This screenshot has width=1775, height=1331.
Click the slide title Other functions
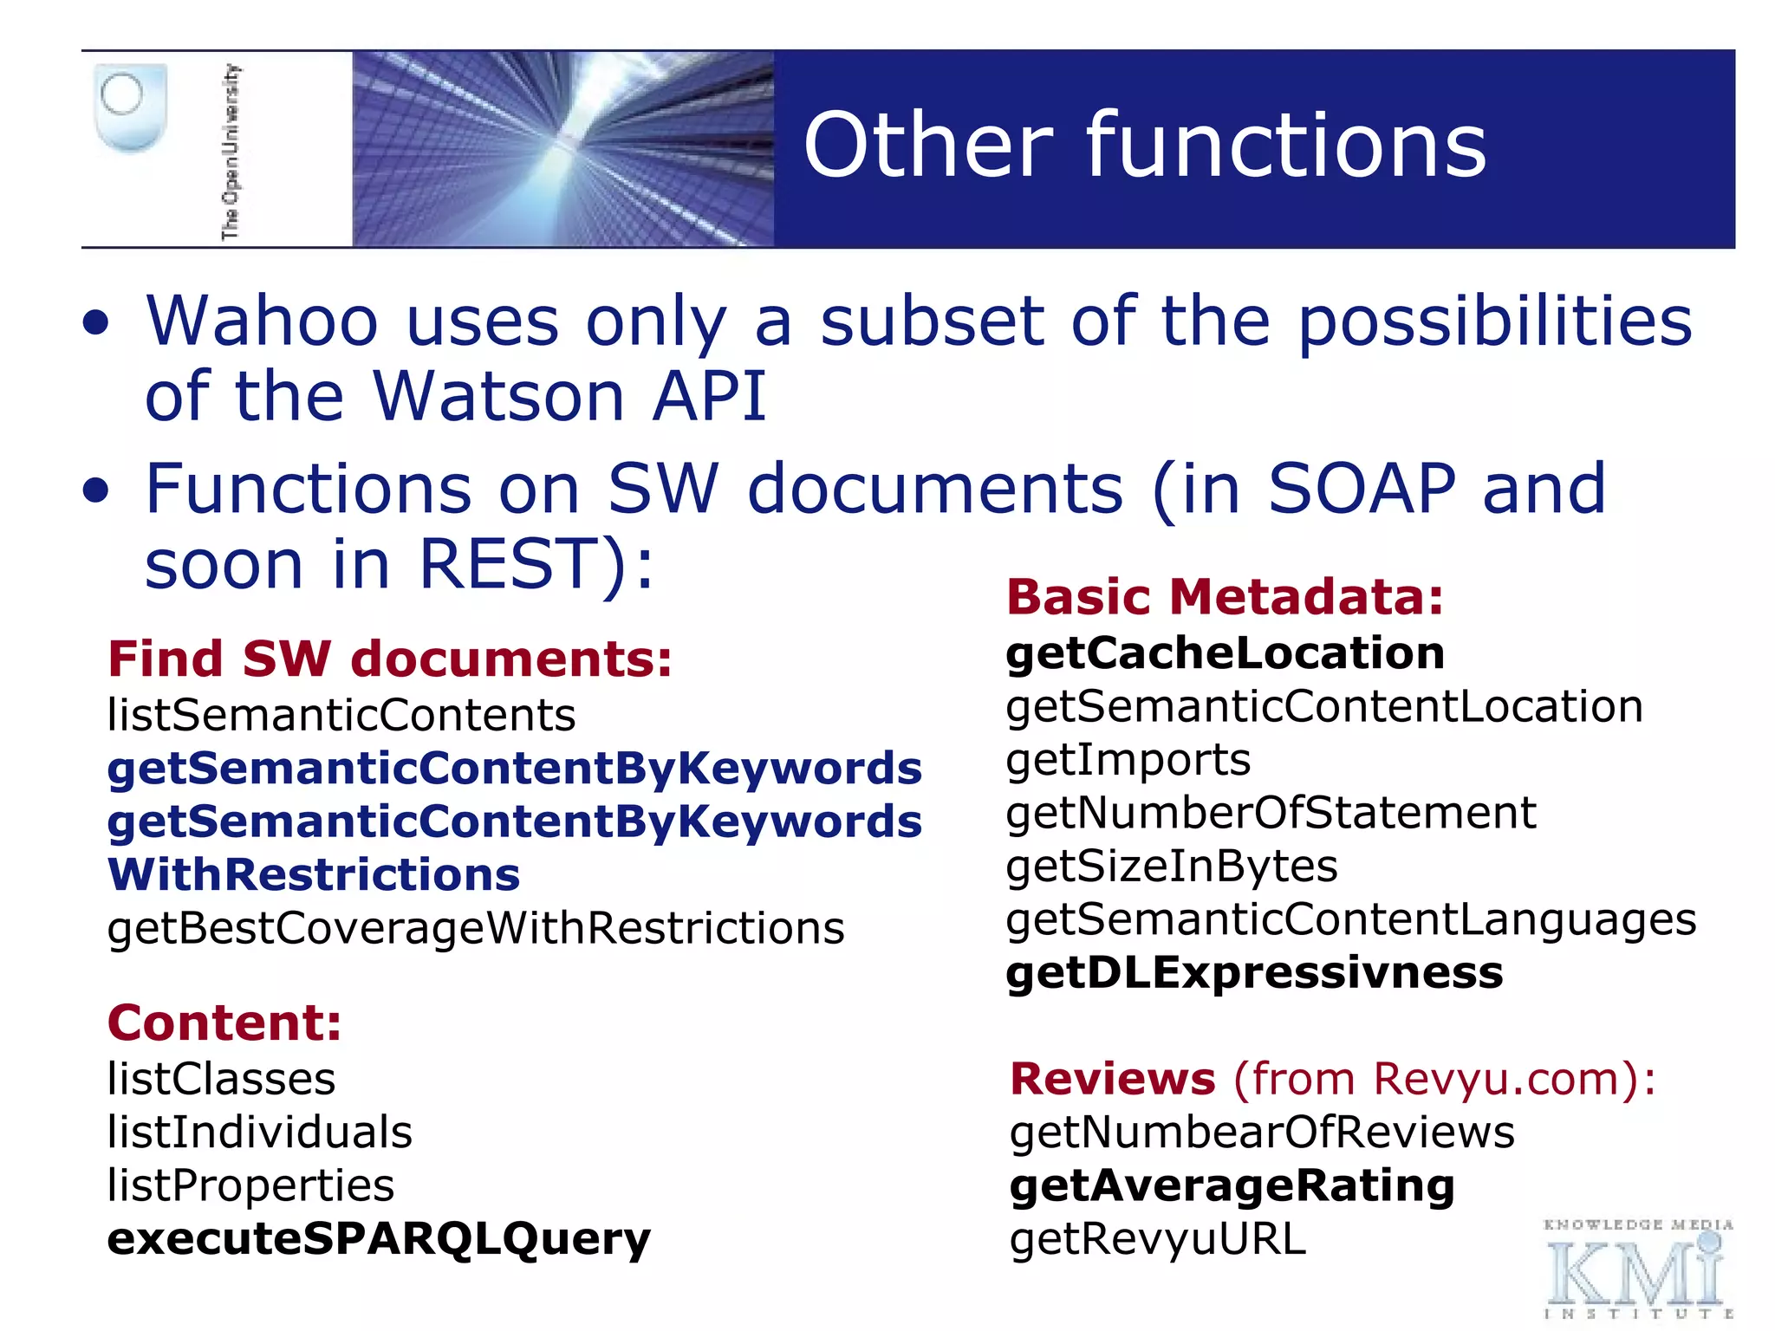tap(1144, 146)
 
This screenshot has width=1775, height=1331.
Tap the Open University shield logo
tap(130, 107)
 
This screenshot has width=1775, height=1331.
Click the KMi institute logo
tap(1637, 1270)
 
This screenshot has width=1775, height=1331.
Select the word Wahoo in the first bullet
tap(262, 321)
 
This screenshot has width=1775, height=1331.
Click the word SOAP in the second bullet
tap(1361, 489)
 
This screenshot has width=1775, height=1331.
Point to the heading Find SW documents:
tap(389, 659)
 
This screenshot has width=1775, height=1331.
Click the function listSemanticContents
tap(341, 716)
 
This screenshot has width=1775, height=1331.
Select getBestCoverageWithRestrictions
tap(475, 929)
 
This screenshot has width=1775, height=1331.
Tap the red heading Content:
tap(224, 1023)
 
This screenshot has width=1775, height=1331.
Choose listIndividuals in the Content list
tap(259, 1133)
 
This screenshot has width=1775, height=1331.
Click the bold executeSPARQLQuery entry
tap(378, 1239)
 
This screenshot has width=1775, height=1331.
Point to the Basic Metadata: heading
tap(1225, 597)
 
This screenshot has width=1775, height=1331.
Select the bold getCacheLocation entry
tap(1225, 653)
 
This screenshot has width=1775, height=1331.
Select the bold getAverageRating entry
tap(1232, 1186)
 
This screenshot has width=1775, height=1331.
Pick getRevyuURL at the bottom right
tap(1157, 1239)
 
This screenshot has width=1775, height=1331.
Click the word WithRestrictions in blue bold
tap(313, 875)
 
